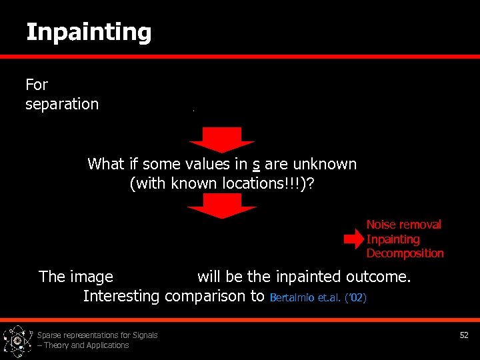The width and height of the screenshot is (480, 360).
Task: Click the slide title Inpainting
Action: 89,32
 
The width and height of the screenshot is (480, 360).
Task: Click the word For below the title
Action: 37,85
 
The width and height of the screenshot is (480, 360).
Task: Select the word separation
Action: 61,105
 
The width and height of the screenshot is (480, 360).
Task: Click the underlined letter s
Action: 256,164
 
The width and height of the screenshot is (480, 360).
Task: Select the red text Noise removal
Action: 403,225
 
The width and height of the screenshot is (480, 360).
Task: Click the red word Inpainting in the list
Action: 393,239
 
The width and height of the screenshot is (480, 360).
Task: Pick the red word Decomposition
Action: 405,253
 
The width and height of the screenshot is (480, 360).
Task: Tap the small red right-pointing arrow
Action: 353,239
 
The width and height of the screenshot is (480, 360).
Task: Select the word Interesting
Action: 121,296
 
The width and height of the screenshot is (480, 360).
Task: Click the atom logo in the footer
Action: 17,340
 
